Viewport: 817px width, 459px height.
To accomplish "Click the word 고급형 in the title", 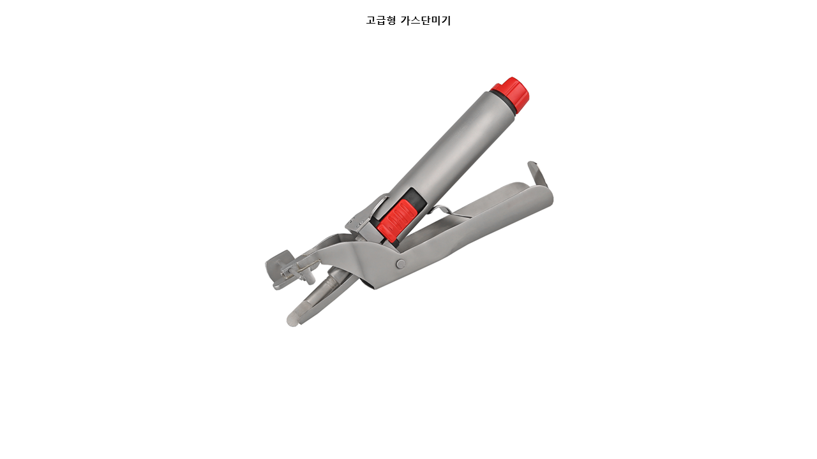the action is (381, 20).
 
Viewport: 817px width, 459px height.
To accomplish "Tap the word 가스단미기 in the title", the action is (426, 20).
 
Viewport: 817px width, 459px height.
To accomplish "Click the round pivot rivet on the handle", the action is (400, 264).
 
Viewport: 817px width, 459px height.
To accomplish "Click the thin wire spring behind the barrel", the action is (447, 211).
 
